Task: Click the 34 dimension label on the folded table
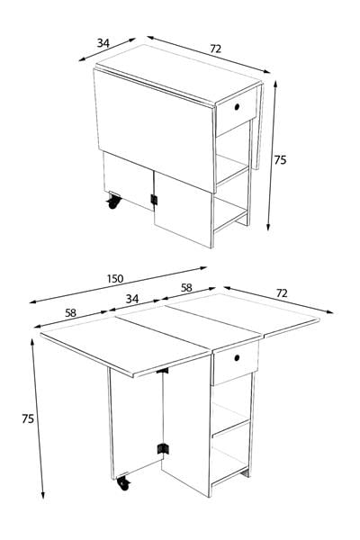coord(103,43)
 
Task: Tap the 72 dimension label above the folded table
coord(215,49)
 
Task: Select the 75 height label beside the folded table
coord(280,160)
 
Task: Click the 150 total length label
coord(115,278)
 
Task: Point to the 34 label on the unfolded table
coord(132,299)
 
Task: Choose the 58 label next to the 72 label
coord(186,288)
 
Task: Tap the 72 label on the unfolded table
coord(282,293)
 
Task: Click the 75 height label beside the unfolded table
coord(28,418)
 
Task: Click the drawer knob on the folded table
coord(237,107)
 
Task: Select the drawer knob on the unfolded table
coord(237,358)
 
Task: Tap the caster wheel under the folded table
coord(113,201)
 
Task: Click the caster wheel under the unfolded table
coord(123,483)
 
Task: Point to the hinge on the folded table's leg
coord(154,200)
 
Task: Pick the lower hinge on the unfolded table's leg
coord(163,449)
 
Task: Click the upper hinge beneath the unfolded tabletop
coord(162,371)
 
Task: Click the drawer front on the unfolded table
coord(236,363)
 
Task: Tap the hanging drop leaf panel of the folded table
coord(154,130)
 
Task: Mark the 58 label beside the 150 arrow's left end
coord(70,313)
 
